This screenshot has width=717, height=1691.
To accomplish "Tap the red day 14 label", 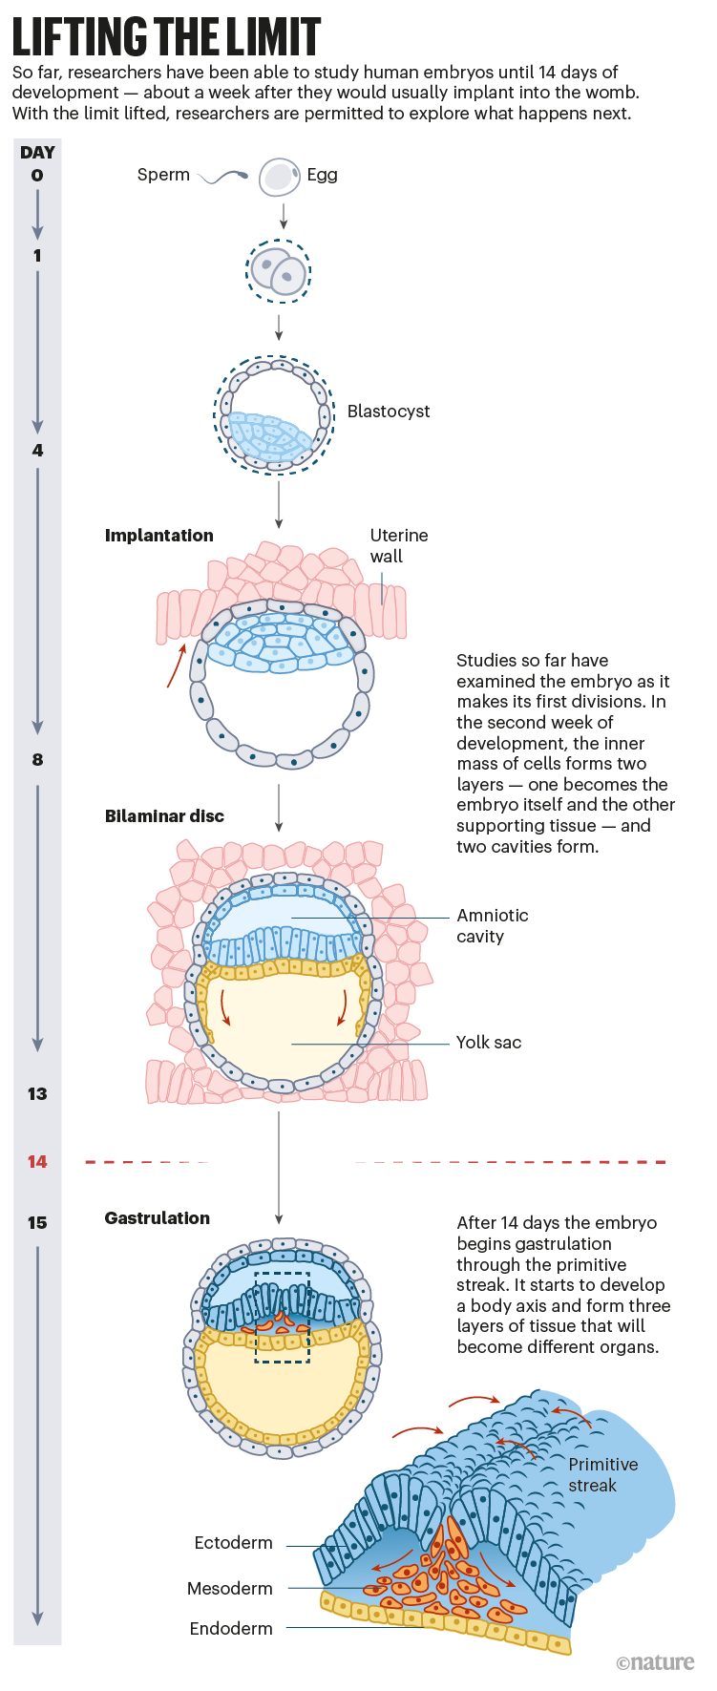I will pos(37,1162).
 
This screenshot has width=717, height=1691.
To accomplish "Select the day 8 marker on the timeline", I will pos(37,760).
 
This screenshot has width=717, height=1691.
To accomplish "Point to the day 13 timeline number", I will pos(37,1094).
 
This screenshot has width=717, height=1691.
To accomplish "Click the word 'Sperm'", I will pos(163,175).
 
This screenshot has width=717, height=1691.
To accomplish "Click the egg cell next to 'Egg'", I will pos(280,177).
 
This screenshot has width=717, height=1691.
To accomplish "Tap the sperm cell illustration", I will pos(224,177).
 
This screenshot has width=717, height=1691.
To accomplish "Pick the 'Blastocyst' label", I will pos(389,412).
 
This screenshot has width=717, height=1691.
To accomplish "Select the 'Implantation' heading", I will pos(159,536).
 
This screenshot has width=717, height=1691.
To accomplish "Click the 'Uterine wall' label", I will pos(398,546).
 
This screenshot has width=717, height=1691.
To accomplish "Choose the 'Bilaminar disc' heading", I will pos(164,816).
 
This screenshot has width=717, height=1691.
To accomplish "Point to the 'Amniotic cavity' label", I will pos(492,926).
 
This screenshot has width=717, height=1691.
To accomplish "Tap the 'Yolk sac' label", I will pos(489,1043).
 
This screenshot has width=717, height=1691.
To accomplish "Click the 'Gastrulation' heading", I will pos(158,1218).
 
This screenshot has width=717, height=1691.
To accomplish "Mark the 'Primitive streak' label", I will pos(602,1475).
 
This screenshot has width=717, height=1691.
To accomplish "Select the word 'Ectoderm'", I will pos(233,1543).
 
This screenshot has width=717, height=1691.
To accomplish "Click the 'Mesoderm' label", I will pos(230,1589).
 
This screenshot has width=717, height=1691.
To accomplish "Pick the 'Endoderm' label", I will pos(231,1629).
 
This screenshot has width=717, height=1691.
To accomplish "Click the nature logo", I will pos(655,1662).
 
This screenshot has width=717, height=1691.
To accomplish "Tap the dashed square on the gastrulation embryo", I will pos(283,1318).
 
